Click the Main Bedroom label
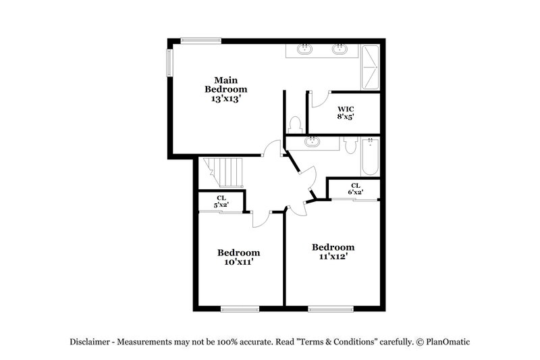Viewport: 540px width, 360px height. click(226, 84)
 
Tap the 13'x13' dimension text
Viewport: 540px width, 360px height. click(226, 98)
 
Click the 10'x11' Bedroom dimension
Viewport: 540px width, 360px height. click(239, 262)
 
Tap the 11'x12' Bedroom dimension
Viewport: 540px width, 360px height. click(333, 257)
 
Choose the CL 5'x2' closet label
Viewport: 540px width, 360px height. click(221, 201)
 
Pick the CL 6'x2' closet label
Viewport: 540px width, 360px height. click(355, 188)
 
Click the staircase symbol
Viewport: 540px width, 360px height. click(223, 174)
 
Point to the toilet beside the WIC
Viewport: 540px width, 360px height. click(294, 124)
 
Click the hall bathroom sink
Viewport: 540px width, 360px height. click(313, 142)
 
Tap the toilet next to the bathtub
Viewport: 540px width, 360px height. click(349, 144)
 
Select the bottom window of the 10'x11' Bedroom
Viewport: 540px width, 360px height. click(240, 309)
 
